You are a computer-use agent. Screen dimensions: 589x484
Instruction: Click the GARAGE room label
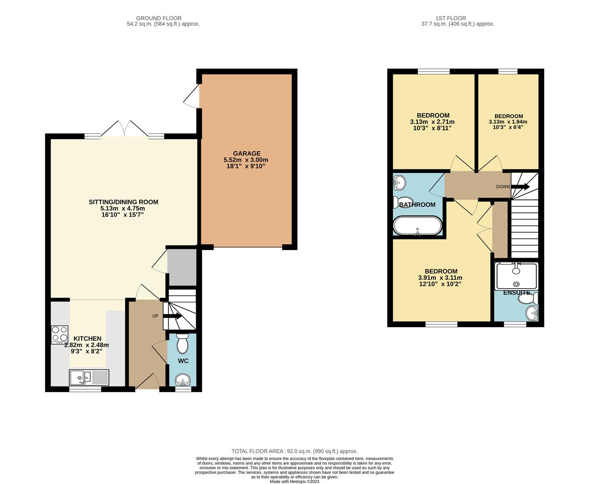247,153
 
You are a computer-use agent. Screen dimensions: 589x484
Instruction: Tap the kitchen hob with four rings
60,334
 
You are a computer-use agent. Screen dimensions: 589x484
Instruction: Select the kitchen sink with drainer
89,377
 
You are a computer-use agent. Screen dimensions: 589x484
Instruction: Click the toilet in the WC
183,343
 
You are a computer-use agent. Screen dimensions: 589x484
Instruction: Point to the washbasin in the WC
183,380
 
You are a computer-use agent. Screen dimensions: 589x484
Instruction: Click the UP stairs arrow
172,316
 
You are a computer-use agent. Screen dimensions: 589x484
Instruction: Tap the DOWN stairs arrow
520,186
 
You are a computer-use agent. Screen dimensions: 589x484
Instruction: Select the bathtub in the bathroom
417,226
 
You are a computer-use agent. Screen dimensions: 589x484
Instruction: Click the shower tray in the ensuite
516,276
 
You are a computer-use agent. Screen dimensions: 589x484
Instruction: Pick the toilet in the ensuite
528,299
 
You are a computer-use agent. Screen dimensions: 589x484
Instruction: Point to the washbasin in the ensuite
532,313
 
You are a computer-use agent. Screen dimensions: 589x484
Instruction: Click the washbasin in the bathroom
399,182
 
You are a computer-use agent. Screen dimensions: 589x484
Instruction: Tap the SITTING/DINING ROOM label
124,202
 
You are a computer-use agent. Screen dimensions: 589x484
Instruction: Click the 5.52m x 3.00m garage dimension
246,160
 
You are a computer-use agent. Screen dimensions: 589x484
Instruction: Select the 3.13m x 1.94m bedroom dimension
508,122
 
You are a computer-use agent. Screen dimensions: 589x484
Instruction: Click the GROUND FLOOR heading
159,18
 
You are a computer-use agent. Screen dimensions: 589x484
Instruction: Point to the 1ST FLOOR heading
451,18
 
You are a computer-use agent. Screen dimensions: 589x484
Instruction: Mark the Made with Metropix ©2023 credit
294,481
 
